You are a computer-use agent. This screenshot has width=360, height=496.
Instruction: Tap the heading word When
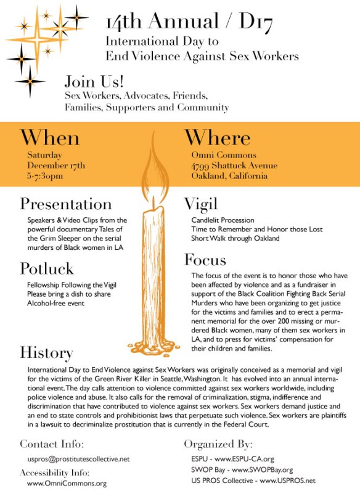[50, 137]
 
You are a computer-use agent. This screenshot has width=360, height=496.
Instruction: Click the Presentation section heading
[66, 204]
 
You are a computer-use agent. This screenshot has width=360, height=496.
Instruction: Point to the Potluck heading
[47, 269]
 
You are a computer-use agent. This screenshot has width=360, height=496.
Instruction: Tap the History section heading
[47, 352]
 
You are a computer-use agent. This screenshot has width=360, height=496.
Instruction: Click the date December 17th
[56, 165]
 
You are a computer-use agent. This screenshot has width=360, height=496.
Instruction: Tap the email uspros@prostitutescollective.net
[78, 459]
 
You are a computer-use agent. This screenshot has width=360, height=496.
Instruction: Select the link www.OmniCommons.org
[67, 484]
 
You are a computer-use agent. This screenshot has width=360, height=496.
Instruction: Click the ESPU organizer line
[237, 459]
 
